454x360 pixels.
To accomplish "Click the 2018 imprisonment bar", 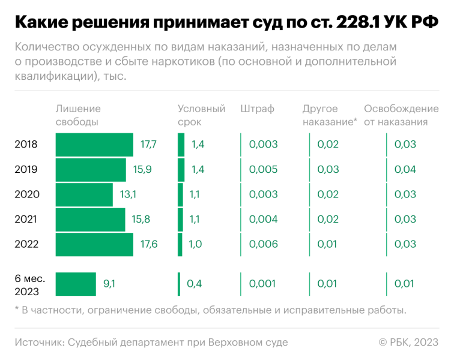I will click(94, 145).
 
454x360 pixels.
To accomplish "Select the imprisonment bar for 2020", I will click(84, 194).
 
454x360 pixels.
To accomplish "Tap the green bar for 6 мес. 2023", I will click(76, 284).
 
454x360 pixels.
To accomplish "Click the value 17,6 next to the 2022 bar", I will click(149, 244).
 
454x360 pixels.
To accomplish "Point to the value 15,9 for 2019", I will click(142, 169).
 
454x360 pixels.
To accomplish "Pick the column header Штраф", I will click(257, 109).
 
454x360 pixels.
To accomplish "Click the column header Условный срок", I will click(201, 115).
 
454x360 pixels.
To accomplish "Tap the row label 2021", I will click(26, 220).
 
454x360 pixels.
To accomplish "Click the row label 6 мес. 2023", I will click(27, 284).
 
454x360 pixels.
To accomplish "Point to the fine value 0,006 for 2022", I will click(263, 244).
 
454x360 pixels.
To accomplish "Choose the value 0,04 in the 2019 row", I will click(405, 169).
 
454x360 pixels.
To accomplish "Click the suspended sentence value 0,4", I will click(194, 284).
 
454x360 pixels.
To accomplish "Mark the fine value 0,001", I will click(263, 284).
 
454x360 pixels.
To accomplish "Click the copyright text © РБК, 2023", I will click(408, 342).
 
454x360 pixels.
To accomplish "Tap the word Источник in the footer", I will click(39, 342).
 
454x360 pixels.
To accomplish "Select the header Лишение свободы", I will click(78, 115).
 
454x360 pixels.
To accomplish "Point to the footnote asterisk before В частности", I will click(17, 310).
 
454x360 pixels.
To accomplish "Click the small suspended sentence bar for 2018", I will click(181, 145).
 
